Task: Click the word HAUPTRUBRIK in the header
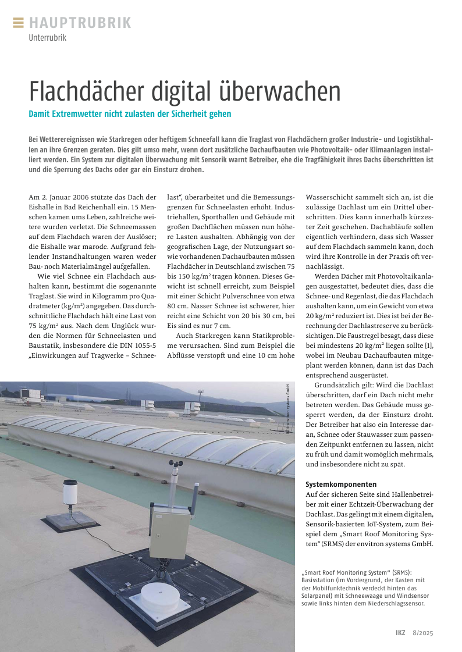pyautogui.click(x=80, y=23)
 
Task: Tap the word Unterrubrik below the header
pyautogui.click(x=48, y=38)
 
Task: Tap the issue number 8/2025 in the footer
pyautogui.click(x=423, y=633)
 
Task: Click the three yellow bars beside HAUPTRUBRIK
pyautogui.click(x=18, y=23)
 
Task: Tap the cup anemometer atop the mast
pyautogui.click(x=173, y=465)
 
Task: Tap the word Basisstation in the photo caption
pyautogui.click(x=320, y=580)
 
